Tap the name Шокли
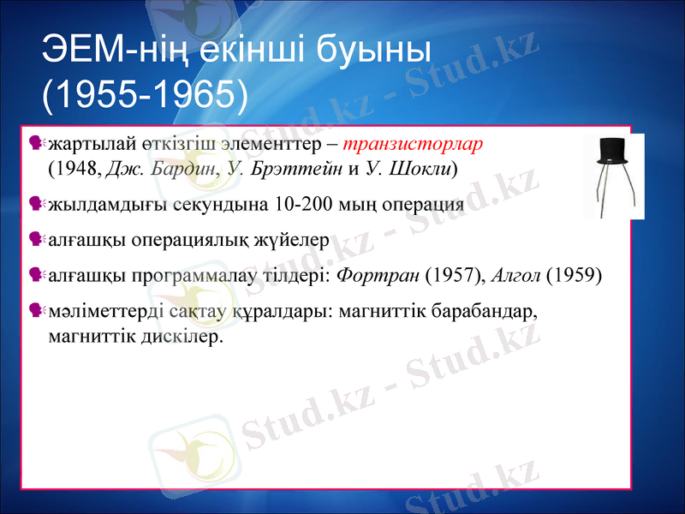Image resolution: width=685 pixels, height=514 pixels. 421,167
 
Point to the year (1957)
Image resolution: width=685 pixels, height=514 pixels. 453,276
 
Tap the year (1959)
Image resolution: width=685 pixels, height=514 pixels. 574,276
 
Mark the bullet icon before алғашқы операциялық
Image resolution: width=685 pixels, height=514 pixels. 36,239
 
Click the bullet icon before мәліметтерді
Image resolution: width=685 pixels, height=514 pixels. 36,310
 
